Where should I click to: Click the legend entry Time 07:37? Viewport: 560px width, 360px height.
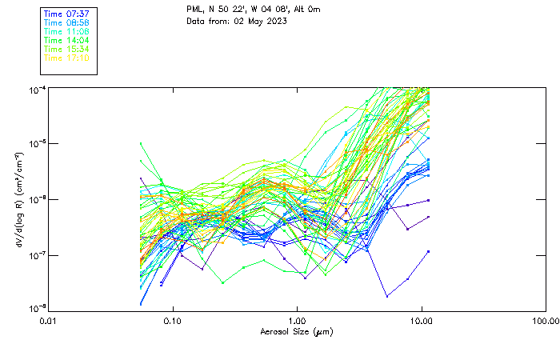[66, 14]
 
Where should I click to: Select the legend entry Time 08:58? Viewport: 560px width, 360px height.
[66, 22]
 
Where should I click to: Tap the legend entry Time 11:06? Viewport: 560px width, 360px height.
[66, 31]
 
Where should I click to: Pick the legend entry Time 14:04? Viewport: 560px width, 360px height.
[66, 40]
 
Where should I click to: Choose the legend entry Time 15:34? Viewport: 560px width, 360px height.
[66, 49]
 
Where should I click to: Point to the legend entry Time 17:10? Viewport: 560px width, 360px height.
[66, 58]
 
